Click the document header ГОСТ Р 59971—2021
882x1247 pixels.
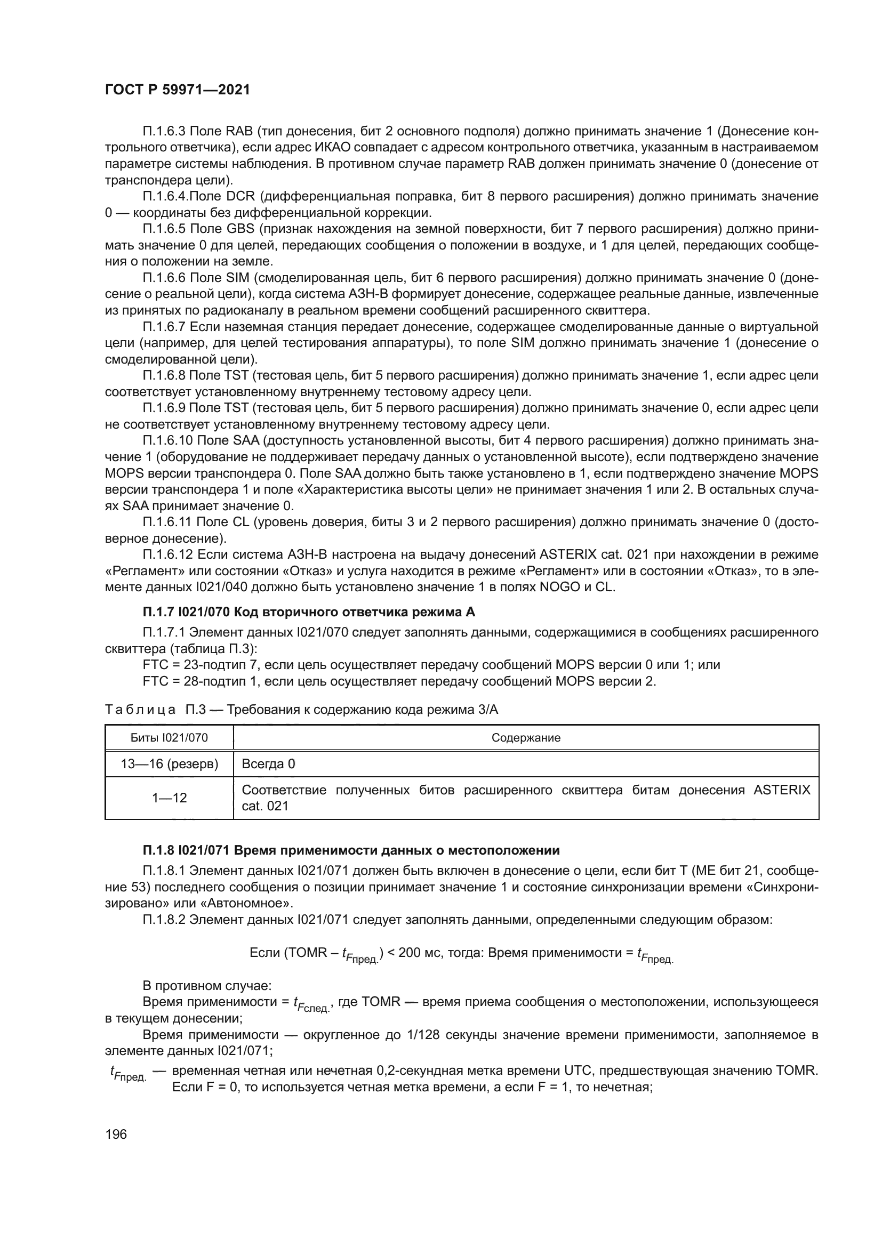pos(177,90)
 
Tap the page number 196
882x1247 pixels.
pos(116,1134)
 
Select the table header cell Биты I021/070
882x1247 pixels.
pos(169,737)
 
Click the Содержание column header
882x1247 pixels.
pos(525,737)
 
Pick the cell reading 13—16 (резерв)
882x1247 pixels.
pos(169,763)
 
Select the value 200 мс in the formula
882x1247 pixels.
pos(419,953)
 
